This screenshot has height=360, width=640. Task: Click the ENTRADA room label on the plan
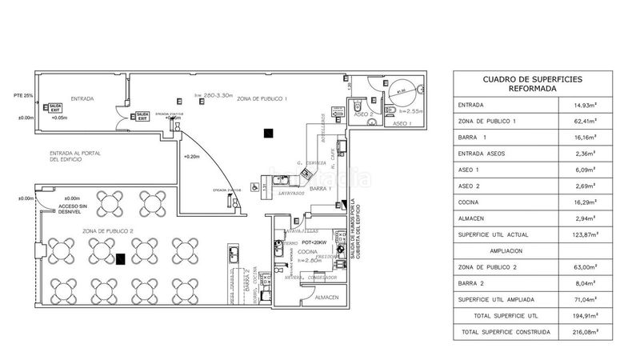coord(82,98)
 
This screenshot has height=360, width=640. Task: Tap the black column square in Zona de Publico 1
coord(270,133)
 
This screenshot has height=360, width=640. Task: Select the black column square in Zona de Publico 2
coord(121,258)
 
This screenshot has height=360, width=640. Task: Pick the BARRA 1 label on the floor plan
coord(321,189)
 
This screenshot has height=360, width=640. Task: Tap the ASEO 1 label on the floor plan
coord(401,125)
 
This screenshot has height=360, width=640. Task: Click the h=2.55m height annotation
coord(411,110)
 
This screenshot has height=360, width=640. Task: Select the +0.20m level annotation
coord(191,157)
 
